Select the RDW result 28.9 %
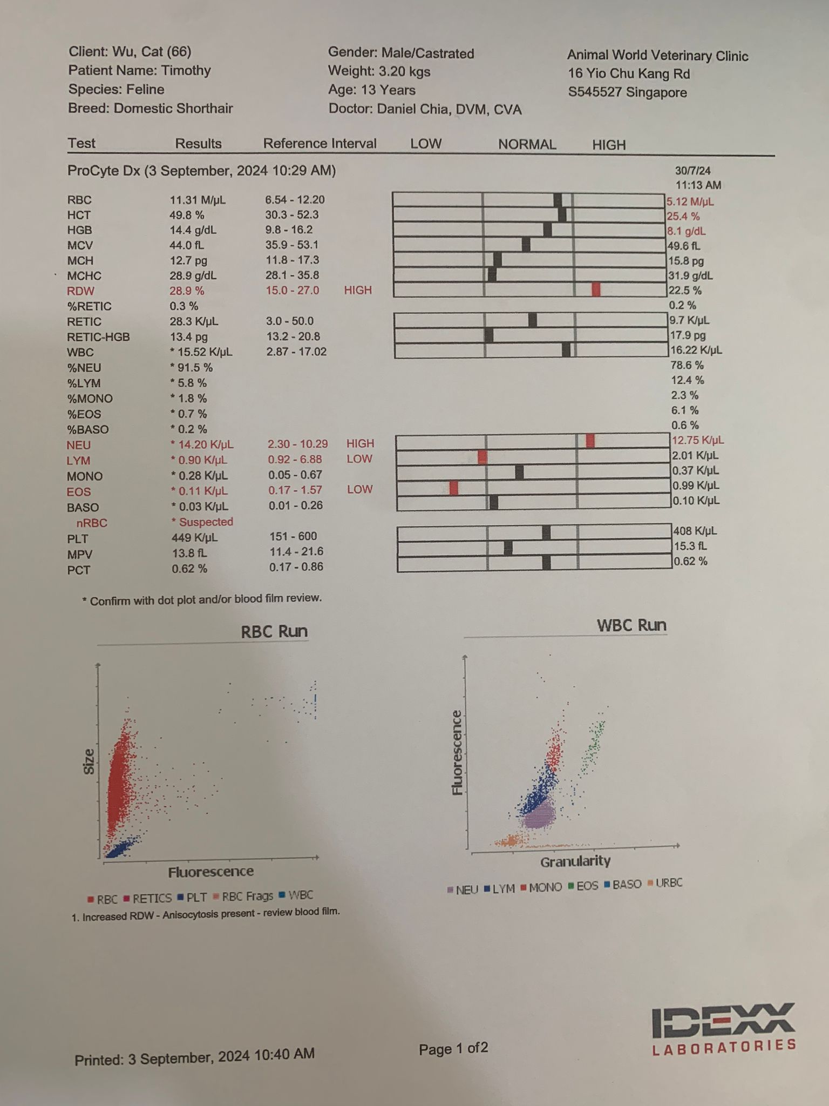click(x=187, y=291)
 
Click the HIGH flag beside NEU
click(x=360, y=443)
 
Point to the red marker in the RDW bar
click(x=596, y=289)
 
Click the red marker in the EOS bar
click(x=454, y=488)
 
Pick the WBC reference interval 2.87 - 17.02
click(x=296, y=352)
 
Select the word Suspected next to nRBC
click(x=206, y=522)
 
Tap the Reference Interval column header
click(x=320, y=144)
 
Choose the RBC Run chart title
click(x=274, y=631)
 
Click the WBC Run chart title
click(x=631, y=625)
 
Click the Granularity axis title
click(x=575, y=861)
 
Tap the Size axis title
click(x=89, y=761)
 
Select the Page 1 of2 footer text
click(x=453, y=1048)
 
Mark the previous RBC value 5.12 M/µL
click(x=690, y=202)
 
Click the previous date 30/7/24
click(x=693, y=171)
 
